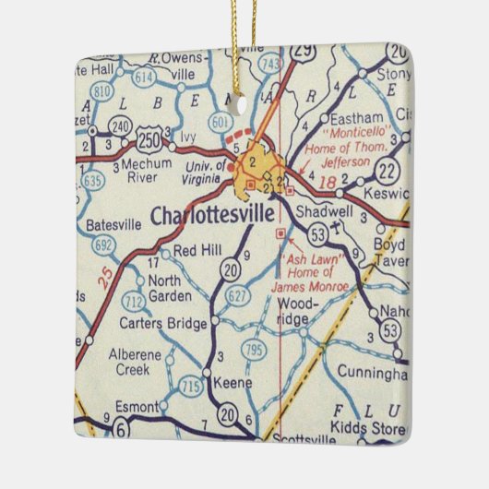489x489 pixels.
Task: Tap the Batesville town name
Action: coord(114,223)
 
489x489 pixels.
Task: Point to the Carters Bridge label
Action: coord(163,324)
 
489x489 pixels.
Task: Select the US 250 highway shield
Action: coord(148,139)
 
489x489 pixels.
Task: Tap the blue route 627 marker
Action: coord(237,295)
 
